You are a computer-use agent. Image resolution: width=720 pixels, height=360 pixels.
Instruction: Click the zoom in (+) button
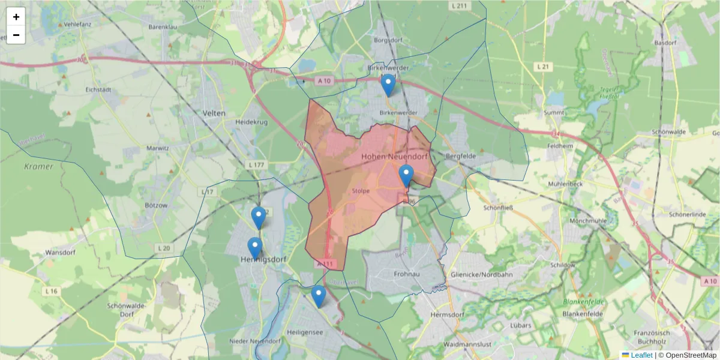point(16,17)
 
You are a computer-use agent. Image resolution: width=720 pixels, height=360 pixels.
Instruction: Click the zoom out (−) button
point(16,35)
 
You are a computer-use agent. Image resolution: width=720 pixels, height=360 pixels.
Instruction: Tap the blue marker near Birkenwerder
point(388,85)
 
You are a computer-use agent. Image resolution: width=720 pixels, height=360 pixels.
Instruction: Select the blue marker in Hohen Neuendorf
point(406,175)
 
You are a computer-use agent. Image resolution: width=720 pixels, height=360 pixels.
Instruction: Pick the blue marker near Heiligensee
point(319,296)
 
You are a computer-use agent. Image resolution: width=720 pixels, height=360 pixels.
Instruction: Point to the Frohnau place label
point(406,274)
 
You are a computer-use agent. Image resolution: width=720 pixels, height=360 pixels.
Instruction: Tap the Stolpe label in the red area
point(362,191)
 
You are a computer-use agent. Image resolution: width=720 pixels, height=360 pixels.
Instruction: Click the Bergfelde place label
point(461,156)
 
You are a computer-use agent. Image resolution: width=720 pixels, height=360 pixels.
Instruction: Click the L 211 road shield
point(460,6)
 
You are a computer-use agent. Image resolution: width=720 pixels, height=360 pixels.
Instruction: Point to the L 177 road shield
point(256,164)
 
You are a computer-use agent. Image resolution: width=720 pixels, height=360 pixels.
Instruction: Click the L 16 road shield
point(52,291)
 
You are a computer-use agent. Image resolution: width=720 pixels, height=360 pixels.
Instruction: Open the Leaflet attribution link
point(641,355)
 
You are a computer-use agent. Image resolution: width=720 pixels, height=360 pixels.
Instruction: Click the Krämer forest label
point(38,166)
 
